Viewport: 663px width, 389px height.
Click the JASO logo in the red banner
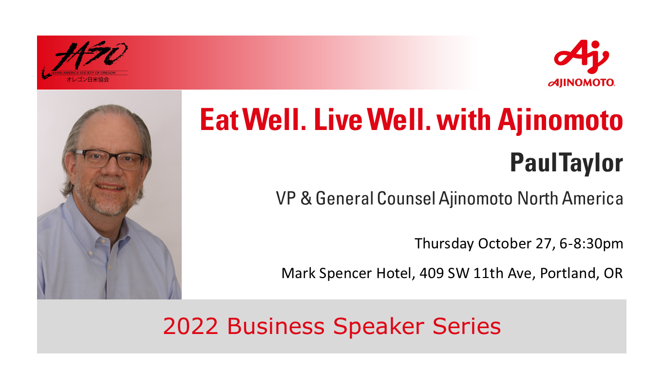(85, 61)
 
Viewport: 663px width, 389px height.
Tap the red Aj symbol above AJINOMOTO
(581, 57)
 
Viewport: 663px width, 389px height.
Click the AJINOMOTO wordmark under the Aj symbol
(581, 83)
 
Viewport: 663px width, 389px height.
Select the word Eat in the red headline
(219, 120)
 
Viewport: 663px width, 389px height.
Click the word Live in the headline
(338, 120)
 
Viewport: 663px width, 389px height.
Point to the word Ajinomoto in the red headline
(560, 121)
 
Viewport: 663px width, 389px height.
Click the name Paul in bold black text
(533, 163)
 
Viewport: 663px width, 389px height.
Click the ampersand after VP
(306, 198)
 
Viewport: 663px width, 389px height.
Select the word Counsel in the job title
(406, 198)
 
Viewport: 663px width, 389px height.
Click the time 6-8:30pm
(591, 244)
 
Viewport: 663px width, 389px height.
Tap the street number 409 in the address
(432, 273)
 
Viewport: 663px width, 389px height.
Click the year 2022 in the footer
(190, 326)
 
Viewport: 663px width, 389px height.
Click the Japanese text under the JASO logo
(88, 79)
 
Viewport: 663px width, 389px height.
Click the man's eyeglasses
(110, 160)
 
